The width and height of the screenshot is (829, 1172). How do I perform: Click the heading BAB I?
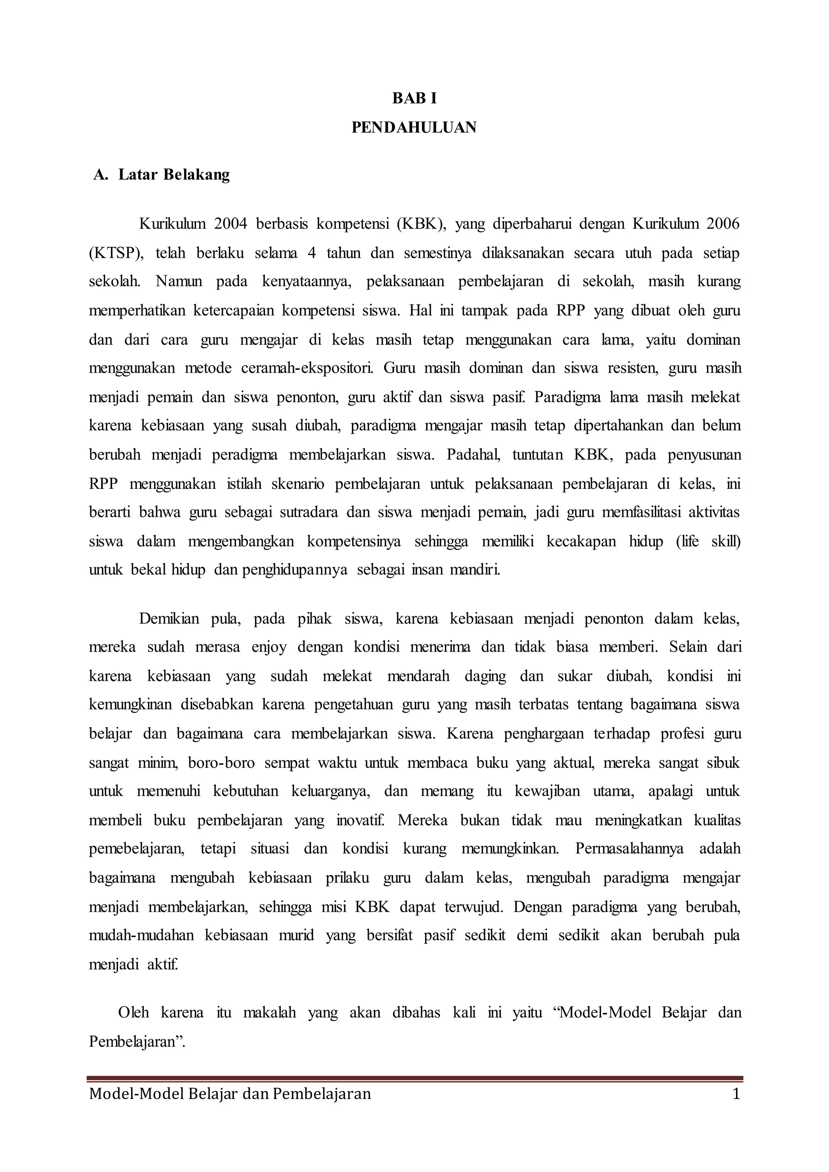(x=414, y=98)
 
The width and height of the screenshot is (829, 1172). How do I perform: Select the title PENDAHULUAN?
(x=414, y=127)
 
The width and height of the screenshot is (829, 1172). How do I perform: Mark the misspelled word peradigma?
(x=244, y=454)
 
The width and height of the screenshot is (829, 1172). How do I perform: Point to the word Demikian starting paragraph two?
(x=169, y=619)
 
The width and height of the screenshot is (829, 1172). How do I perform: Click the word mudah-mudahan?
(x=141, y=935)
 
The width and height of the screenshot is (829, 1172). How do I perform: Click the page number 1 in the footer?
(x=735, y=1094)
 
